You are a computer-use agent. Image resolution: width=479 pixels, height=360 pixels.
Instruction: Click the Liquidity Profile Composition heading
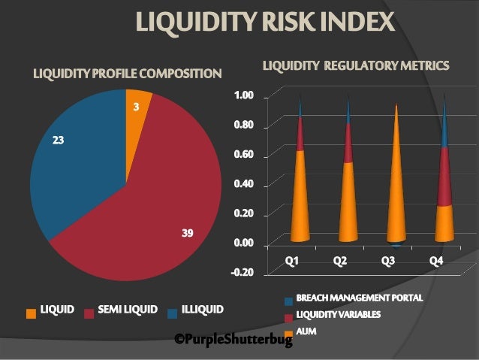click(x=127, y=74)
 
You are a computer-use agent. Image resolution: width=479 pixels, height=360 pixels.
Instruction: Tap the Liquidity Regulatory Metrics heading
click(x=356, y=66)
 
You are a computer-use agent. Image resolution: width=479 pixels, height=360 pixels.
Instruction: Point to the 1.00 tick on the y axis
click(x=245, y=95)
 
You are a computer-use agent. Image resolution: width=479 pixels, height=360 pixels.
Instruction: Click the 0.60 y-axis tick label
click(x=245, y=155)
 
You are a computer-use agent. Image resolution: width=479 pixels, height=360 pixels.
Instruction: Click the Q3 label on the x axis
click(x=389, y=260)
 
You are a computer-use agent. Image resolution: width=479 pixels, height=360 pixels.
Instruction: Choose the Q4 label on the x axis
click(x=436, y=260)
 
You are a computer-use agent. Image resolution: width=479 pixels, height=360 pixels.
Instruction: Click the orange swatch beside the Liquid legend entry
click(x=31, y=310)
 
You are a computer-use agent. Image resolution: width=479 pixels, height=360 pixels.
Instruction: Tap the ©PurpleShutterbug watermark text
click(x=233, y=340)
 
